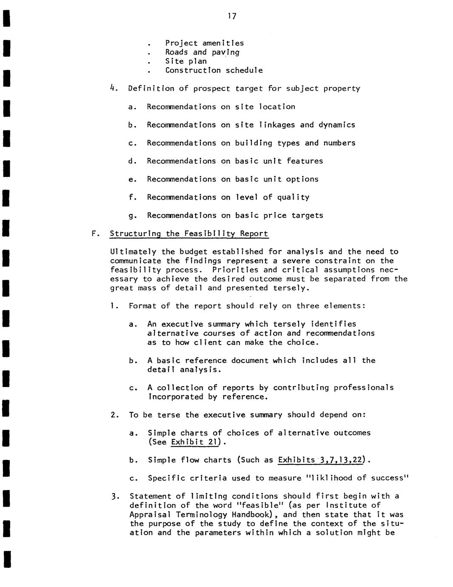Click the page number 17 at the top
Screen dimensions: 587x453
[232, 16]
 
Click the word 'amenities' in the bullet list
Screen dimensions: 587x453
[223, 43]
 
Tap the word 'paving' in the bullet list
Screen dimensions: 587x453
[225, 52]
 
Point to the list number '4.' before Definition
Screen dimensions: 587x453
[113, 88]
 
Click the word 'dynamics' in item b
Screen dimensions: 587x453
[337, 125]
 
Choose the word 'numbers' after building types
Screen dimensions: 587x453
[339, 143]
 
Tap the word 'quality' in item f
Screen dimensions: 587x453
[293, 197]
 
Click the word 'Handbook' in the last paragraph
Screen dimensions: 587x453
[248, 514]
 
